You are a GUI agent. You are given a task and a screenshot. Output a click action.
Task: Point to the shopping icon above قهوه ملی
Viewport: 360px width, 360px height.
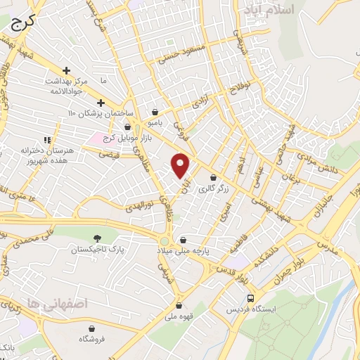point(181,305)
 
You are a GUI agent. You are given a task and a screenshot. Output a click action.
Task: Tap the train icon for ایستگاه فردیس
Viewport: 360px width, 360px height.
point(250,298)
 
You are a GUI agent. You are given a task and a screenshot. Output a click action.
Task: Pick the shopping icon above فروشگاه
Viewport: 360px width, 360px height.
point(93,328)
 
